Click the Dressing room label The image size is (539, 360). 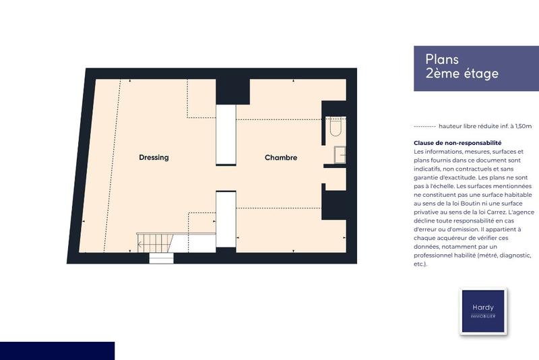[x=154, y=158]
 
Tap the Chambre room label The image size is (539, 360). [x=281, y=158]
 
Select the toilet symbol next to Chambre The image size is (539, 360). [x=336, y=128]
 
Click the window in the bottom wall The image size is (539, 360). [x=162, y=258]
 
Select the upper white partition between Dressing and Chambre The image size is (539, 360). [x=225, y=134]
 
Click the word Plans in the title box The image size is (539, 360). [x=442, y=59]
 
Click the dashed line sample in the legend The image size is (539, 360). [x=424, y=126]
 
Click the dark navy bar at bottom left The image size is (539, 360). [x=57, y=351]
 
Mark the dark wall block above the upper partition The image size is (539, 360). [x=232, y=90]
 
